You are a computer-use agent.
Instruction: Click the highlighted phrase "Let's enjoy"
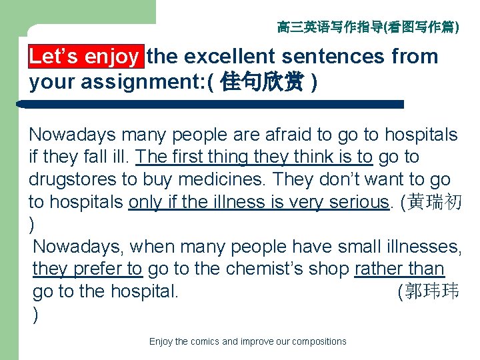[x=84, y=57]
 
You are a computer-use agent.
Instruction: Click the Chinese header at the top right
[x=367, y=27]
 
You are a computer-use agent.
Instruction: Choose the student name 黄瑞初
[x=436, y=203]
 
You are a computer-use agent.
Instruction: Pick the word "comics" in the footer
[x=205, y=341]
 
